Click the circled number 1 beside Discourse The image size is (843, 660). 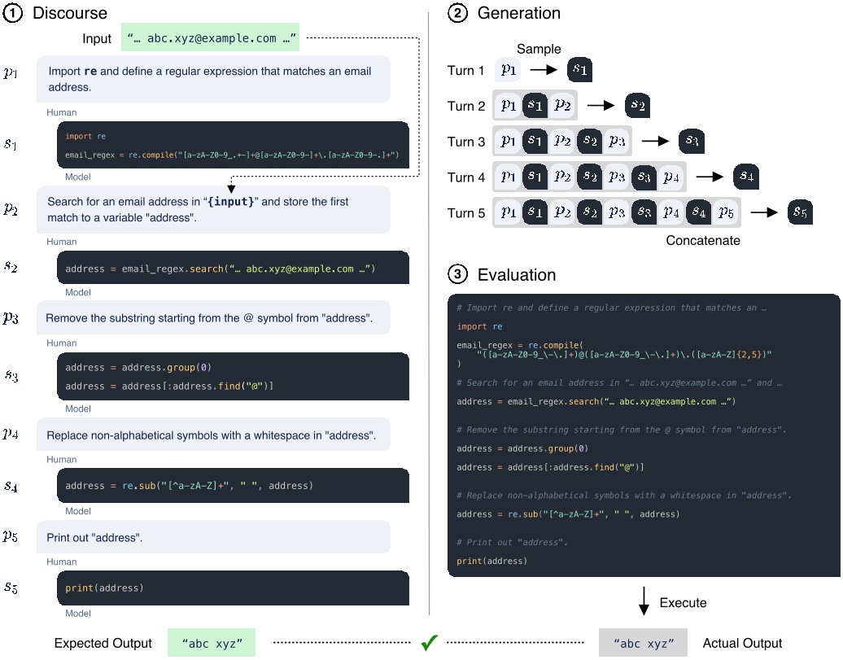[x=13, y=13]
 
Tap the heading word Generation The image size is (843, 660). [x=518, y=13]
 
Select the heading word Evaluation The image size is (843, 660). [x=517, y=275]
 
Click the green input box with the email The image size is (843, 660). [x=210, y=38]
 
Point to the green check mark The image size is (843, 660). [x=429, y=642]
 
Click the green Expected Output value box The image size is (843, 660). [x=211, y=643]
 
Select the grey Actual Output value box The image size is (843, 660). [x=643, y=643]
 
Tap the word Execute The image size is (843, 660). [x=684, y=603]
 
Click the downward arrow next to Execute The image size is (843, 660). [x=644, y=602]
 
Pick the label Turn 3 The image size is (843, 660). [x=466, y=142]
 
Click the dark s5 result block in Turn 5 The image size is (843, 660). [x=801, y=212]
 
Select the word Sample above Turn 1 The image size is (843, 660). [x=539, y=49]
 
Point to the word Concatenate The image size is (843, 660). [x=703, y=240]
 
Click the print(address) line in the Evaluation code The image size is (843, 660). [x=491, y=561]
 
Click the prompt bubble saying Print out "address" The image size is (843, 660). [x=213, y=537]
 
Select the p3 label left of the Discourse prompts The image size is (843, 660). [x=11, y=317]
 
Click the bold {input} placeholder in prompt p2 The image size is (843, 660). [x=231, y=201]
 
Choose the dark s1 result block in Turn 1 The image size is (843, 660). [x=580, y=71]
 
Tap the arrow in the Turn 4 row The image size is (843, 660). [x=709, y=177]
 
